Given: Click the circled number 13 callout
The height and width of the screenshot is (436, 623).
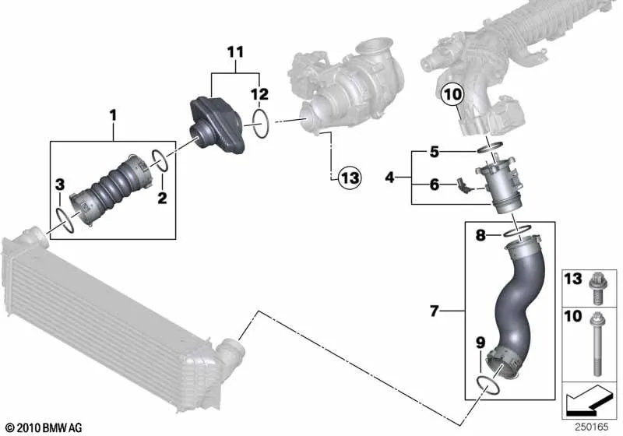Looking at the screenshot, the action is pos(350,178).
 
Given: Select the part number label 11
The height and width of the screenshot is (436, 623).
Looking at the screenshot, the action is pos(235,52).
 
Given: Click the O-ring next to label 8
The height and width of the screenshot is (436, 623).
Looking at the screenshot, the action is pos(517,231).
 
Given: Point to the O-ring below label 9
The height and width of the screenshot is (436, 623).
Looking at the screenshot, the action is pos(487,385).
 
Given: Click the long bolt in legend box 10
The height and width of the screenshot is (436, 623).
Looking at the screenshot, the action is pos(597,344).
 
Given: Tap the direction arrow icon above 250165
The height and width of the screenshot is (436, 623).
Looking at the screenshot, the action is pos(590,399).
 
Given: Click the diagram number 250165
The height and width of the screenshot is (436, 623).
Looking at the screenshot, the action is pos(592,427).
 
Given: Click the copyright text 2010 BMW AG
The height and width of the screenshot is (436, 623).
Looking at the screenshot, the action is pos(44,427).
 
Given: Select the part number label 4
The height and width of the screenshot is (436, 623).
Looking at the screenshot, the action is pos(390,177).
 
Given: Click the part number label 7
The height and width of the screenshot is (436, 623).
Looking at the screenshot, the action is pos(435,311).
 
